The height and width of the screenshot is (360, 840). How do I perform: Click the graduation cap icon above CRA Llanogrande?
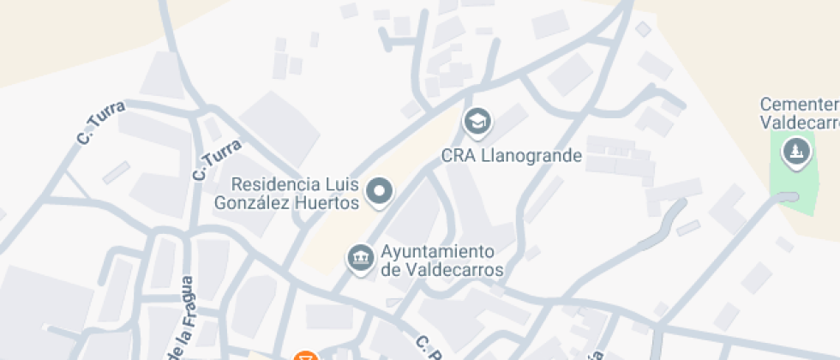477,122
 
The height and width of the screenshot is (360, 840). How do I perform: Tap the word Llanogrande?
530,156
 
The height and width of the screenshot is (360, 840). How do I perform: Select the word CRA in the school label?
457,156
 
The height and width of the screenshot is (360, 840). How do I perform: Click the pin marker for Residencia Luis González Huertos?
379,191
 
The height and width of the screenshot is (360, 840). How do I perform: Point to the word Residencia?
269,184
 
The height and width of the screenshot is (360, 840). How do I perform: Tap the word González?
266,203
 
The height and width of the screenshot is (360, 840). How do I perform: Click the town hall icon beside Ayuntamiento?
360,256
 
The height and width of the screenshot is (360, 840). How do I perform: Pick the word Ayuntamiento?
437,252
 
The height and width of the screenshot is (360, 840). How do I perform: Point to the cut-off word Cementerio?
799,105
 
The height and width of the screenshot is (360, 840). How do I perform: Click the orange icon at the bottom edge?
304,356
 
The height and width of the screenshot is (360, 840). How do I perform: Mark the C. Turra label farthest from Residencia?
101,122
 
